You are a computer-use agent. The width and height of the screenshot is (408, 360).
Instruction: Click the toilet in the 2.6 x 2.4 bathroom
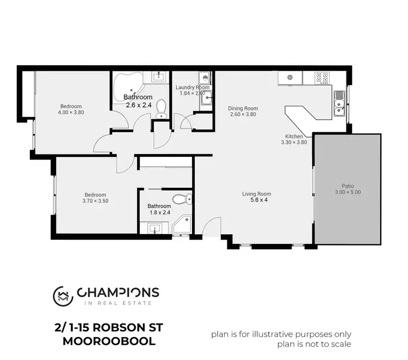pos(160,109)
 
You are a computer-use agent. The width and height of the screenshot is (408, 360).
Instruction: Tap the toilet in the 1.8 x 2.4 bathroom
pos(179,199)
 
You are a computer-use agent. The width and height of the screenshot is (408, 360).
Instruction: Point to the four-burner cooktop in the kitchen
pos(322,77)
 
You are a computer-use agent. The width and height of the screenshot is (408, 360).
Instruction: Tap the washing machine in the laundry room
pos(204,77)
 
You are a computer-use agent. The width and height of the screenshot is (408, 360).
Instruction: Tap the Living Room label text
pos(257,194)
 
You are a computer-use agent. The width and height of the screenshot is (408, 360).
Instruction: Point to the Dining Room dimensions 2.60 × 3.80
pos(243,115)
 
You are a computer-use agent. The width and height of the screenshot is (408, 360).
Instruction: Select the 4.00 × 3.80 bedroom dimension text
pos(71,112)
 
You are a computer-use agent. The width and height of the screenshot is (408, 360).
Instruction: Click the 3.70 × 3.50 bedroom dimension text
pos(95,201)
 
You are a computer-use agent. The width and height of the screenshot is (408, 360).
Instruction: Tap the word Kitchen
pos(294,136)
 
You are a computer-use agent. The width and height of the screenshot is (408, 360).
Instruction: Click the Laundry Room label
pos(193,87)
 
